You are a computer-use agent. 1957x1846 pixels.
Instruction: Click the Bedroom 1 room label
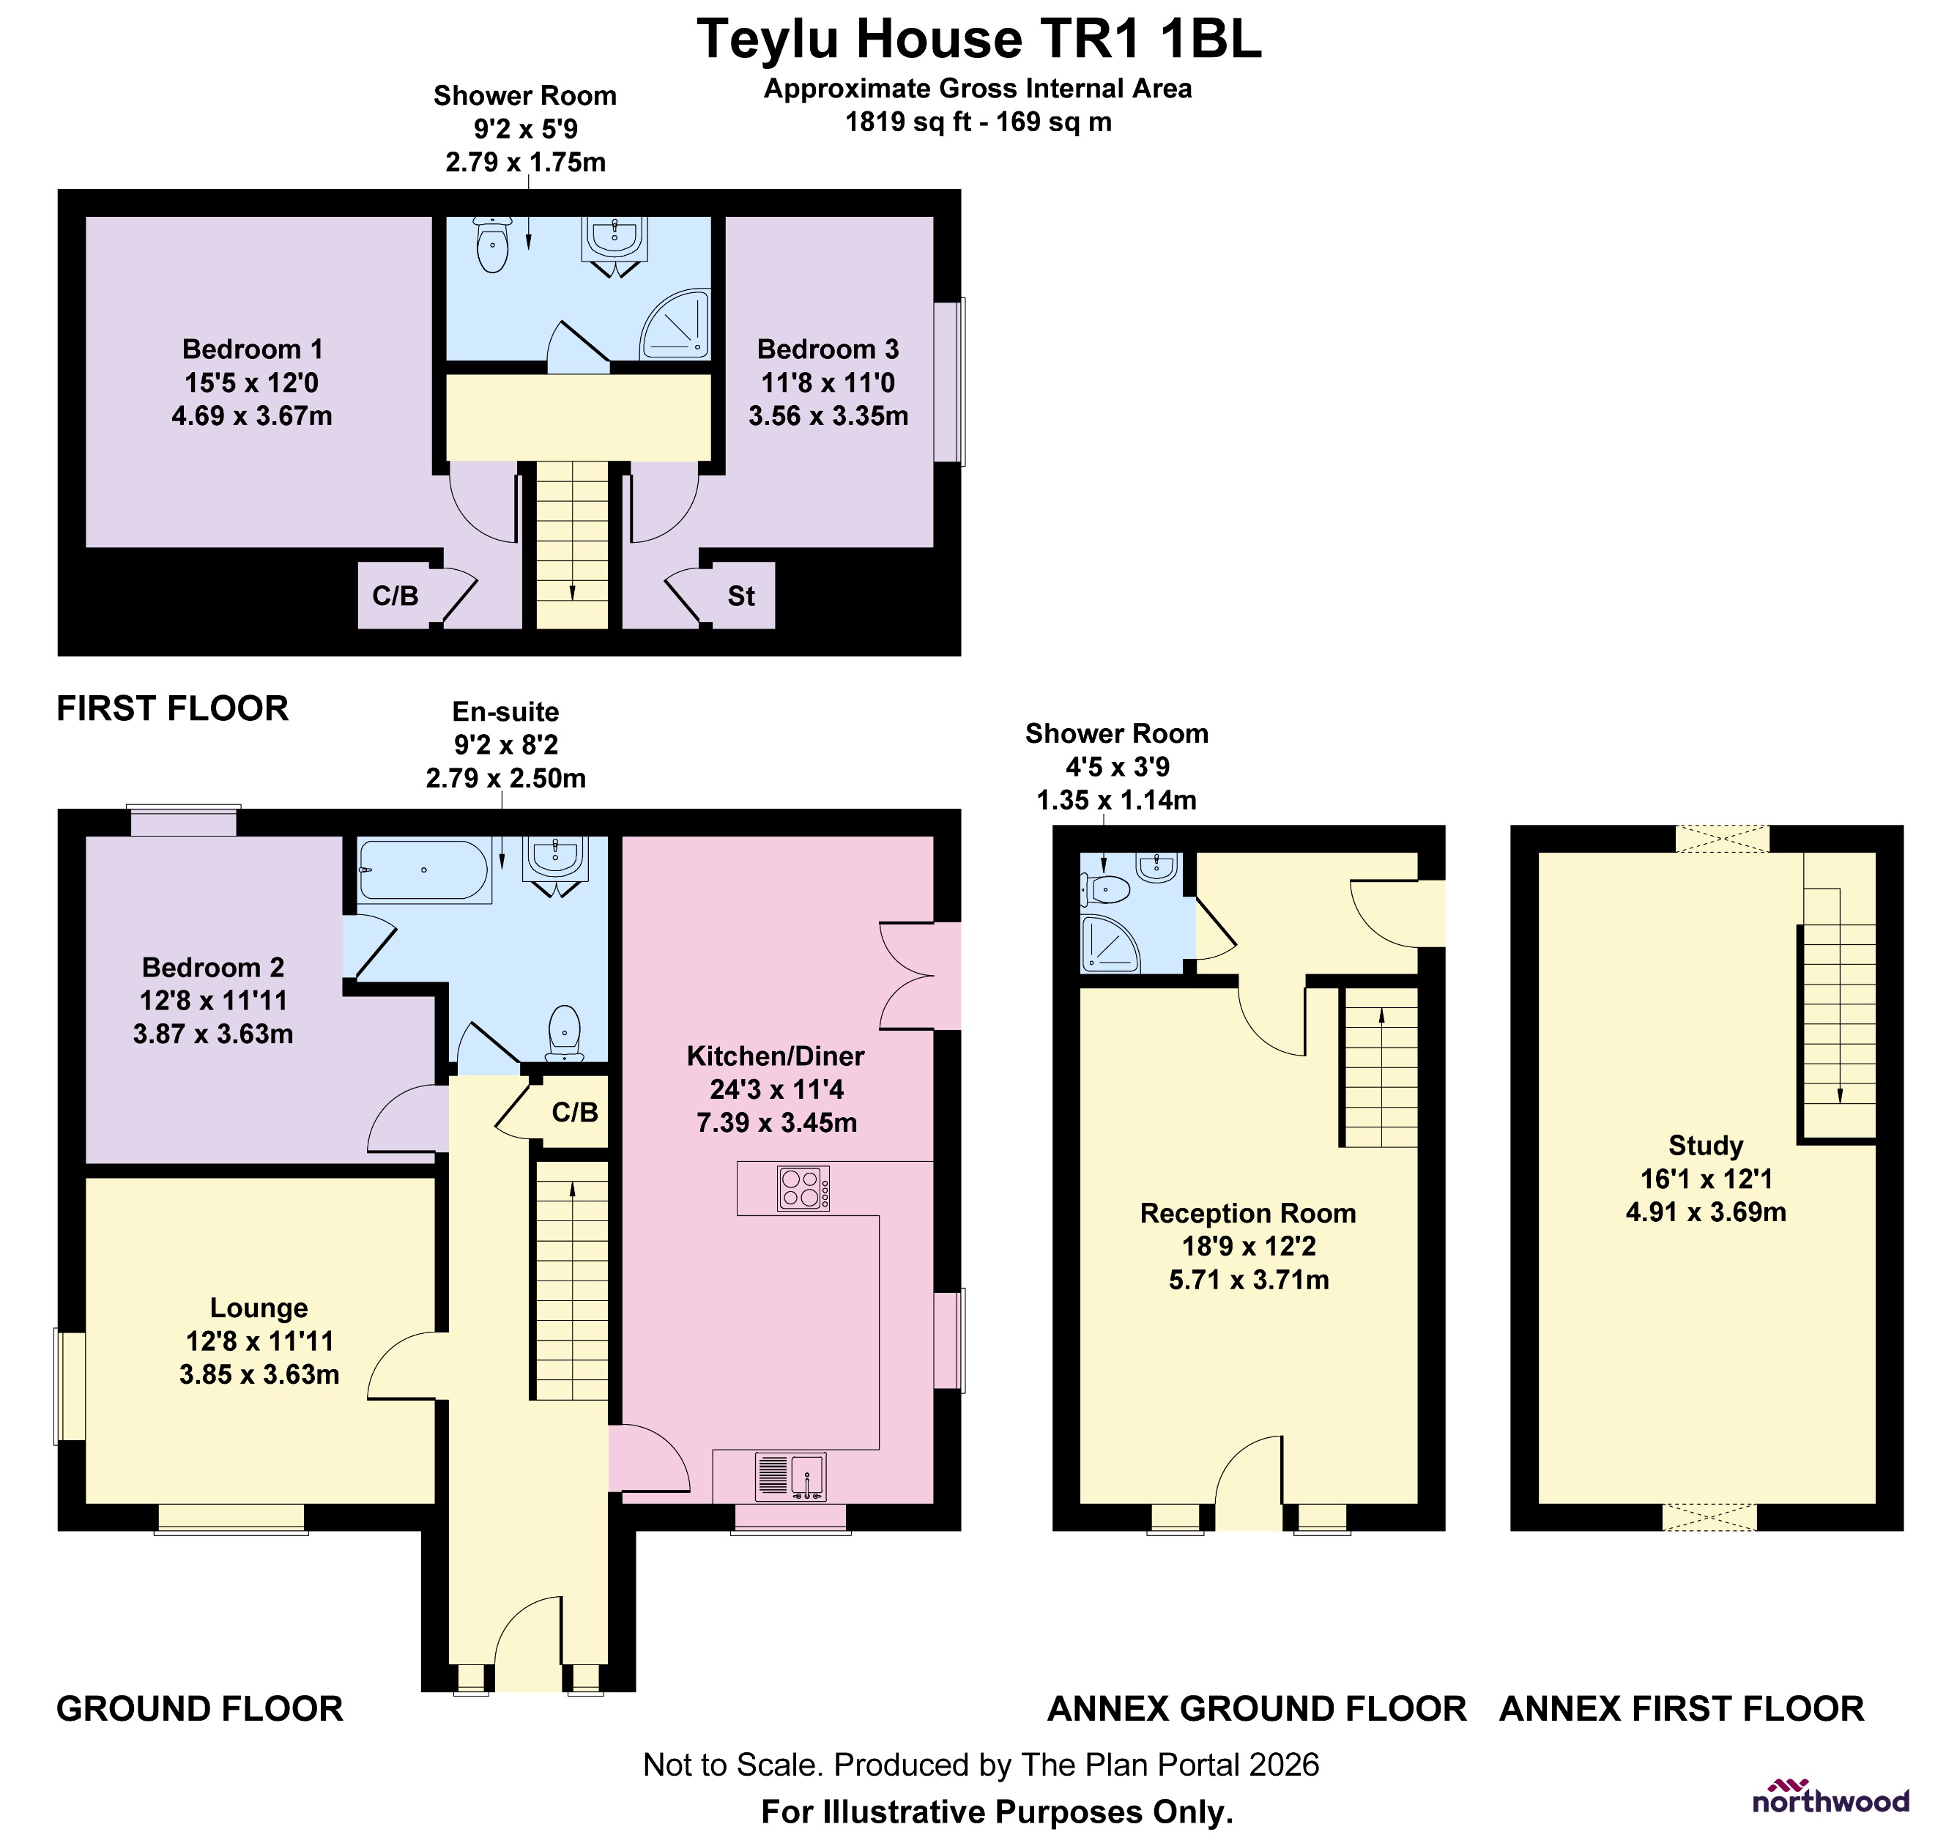click(252, 349)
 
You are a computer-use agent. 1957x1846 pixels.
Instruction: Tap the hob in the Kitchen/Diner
click(802, 1188)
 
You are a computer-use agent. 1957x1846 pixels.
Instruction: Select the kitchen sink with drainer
click(790, 1477)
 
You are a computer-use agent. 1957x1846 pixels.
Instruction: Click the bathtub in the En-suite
click(423, 870)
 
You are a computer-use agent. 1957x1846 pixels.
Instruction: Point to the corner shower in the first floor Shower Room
click(675, 325)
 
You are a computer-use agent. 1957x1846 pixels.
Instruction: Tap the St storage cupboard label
click(740, 596)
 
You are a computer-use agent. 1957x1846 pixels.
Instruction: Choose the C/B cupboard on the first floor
click(395, 596)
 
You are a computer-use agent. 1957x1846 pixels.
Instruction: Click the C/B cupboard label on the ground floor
click(575, 1113)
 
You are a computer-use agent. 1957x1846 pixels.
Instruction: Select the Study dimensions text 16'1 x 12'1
click(1706, 1179)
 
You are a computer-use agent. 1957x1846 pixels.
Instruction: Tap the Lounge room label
click(259, 1308)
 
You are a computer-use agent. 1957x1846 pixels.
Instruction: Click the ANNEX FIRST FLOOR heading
click(1682, 1708)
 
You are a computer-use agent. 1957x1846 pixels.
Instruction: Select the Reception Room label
click(1247, 1213)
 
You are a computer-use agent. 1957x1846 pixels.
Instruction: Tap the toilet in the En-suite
click(564, 1030)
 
